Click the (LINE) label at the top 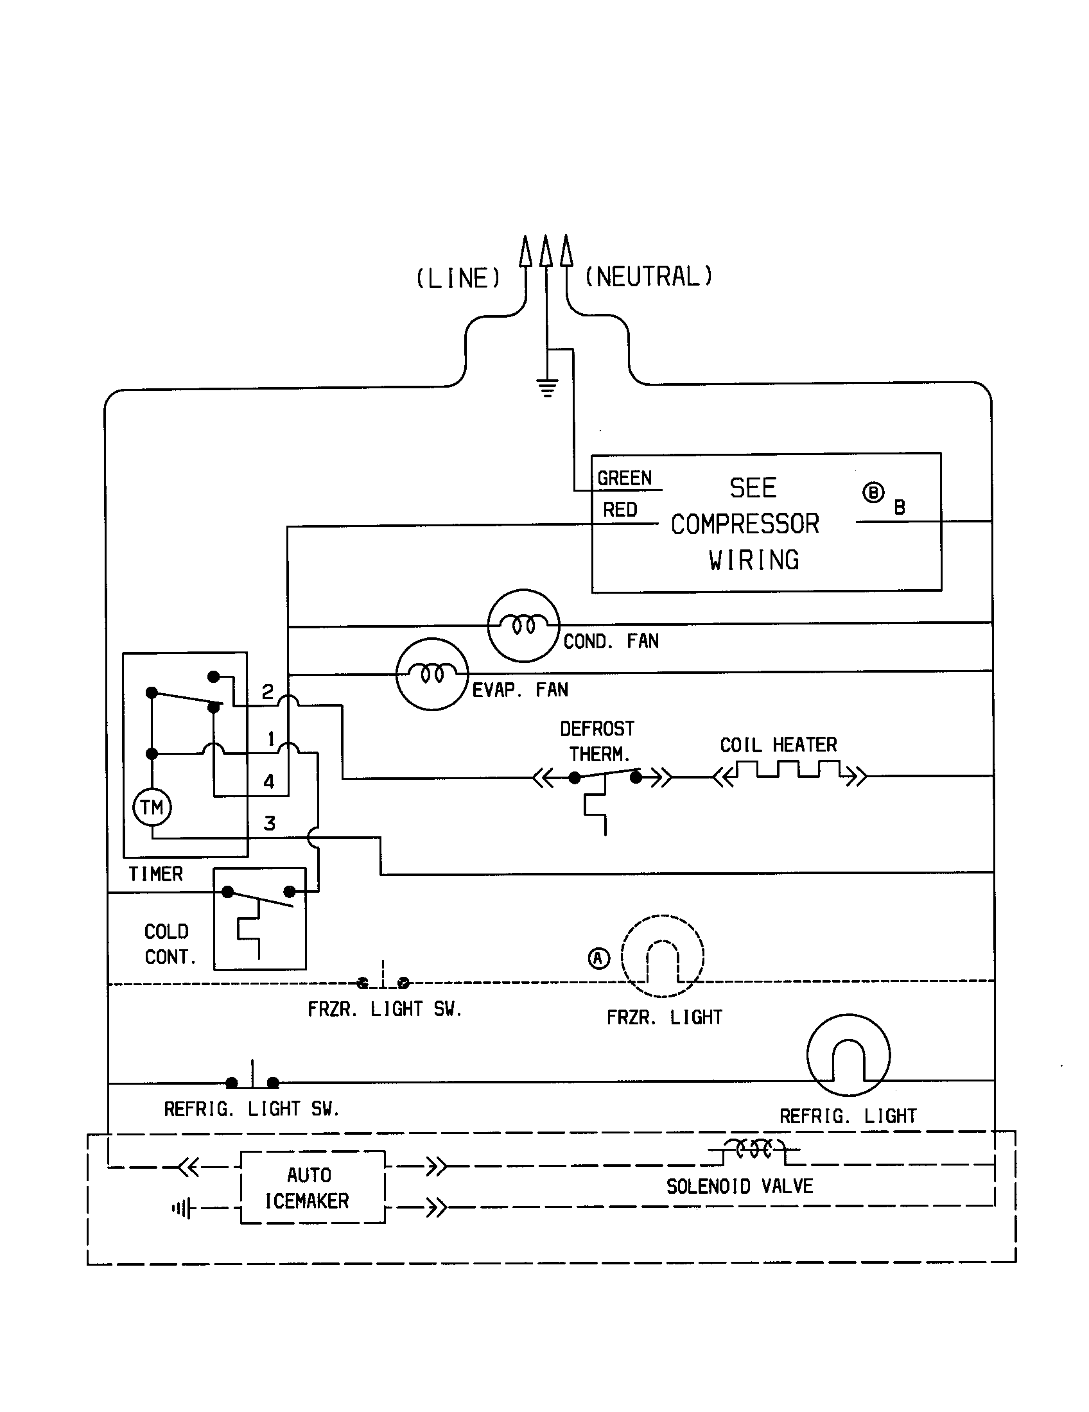(458, 279)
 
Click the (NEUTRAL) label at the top (648, 277)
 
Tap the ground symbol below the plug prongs (547, 388)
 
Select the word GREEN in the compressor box (624, 478)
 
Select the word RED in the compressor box (620, 510)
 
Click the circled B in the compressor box (873, 493)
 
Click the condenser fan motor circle (523, 625)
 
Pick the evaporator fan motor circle (431, 675)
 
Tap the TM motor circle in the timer (152, 807)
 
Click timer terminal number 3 (270, 823)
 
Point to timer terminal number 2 (267, 692)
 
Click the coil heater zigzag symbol (790, 771)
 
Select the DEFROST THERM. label (597, 741)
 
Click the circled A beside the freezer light (599, 958)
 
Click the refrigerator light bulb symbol (848, 1055)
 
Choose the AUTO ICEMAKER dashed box (312, 1187)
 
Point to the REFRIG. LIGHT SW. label (251, 1109)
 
